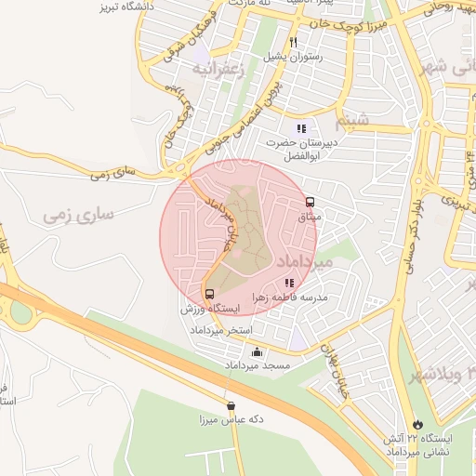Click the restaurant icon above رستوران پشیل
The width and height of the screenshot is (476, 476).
point(294,42)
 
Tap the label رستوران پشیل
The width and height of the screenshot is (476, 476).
point(294,57)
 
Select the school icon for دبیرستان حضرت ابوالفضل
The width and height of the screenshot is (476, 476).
point(300,128)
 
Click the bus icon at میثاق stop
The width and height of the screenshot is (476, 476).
point(309,201)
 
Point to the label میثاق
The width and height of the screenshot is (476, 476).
point(308,216)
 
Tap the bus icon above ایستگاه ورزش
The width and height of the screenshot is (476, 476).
point(208,294)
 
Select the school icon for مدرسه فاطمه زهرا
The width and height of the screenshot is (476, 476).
point(290,283)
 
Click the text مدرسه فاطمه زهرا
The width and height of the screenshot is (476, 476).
point(289,297)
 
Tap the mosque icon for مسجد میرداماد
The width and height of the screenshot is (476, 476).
point(257,352)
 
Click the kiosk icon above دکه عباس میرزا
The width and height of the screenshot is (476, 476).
point(231,405)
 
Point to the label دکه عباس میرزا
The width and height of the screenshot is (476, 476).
point(231,420)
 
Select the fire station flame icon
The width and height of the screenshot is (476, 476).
point(417,422)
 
